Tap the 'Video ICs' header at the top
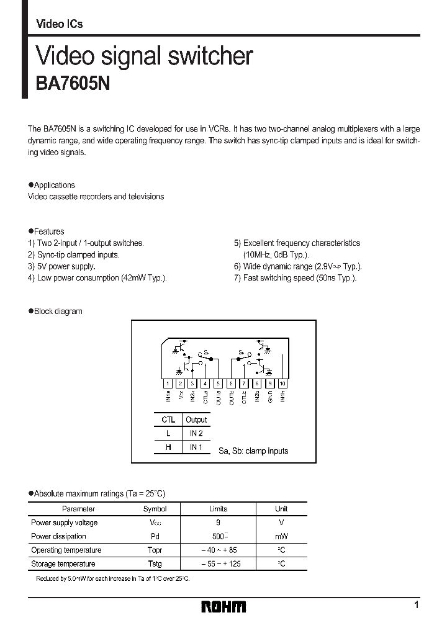(59, 24)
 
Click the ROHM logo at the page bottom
(223, 607)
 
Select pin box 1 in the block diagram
(167, 384)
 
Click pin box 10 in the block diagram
(282, 384)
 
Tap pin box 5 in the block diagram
(218, 384)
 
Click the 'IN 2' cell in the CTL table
(196, 434)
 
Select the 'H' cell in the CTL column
(168, 447)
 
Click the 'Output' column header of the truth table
(196, 420)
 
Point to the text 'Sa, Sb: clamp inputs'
(253, 451)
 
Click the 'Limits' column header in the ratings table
(218, 509)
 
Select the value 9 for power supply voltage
(218, 523)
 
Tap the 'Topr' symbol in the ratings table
(155, 550)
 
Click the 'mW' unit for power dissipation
(281, 537)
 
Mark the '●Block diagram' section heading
(55, 312)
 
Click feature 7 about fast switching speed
(296, 278)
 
